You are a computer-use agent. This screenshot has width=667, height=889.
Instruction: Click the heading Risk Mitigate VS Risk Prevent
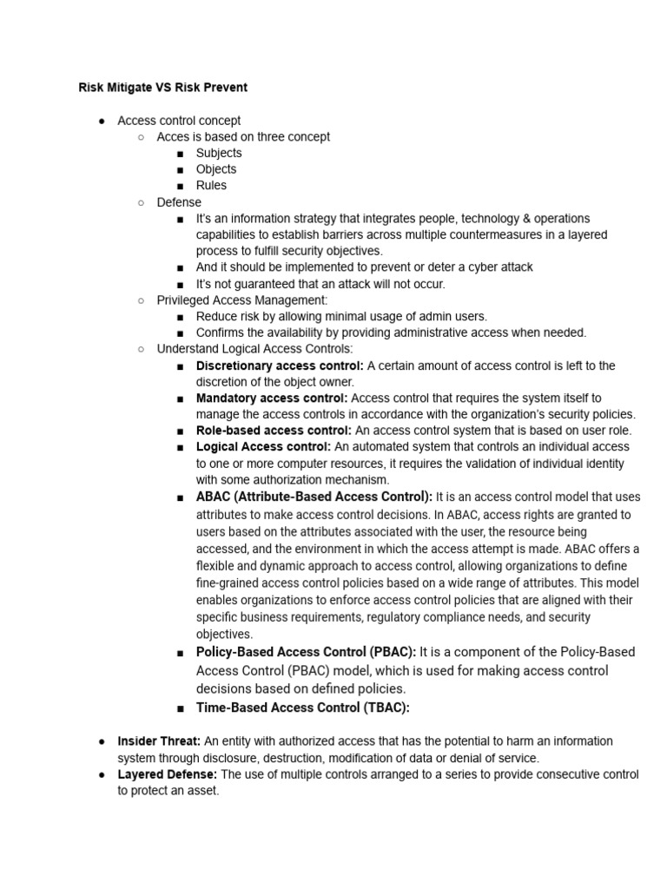[162, 88]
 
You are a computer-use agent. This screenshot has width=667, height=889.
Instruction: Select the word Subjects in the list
[219, 153]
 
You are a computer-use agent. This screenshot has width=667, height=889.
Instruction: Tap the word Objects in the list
[216, 169]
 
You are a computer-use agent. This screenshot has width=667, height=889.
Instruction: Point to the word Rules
[211, 185]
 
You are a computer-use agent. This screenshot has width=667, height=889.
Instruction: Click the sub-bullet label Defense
[179, 202]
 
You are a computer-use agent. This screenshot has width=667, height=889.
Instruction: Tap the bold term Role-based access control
[274, 431]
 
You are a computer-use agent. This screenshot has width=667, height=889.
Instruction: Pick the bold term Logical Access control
[263, 446]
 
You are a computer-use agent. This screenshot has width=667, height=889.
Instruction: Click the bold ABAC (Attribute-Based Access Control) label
[314, 497]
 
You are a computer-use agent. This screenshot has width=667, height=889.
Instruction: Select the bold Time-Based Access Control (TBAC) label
[302, 708]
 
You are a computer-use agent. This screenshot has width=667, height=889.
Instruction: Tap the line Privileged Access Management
[242, 300]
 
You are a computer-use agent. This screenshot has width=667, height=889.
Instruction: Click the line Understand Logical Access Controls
[254, 349]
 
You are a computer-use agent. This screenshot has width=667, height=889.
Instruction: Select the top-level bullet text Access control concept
[179, 121]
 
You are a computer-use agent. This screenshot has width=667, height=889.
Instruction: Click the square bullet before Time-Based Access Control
[179, 708]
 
